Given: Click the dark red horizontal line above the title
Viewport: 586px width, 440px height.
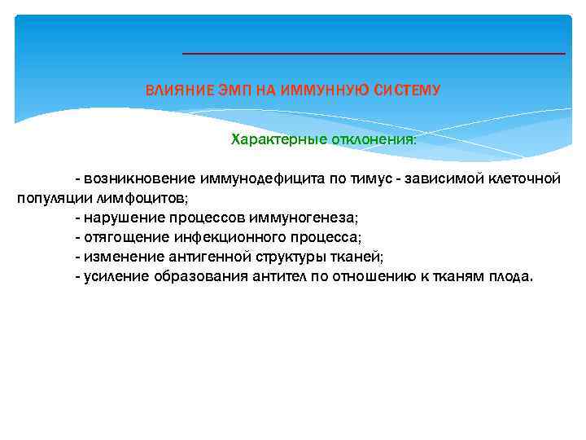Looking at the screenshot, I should coord(373,54).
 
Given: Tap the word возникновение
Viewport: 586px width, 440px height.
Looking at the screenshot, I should coord(138,178).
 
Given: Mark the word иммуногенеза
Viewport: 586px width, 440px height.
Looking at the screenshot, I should coord(308,218).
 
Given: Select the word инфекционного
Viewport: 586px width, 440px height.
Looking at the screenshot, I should coord(229,237).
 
